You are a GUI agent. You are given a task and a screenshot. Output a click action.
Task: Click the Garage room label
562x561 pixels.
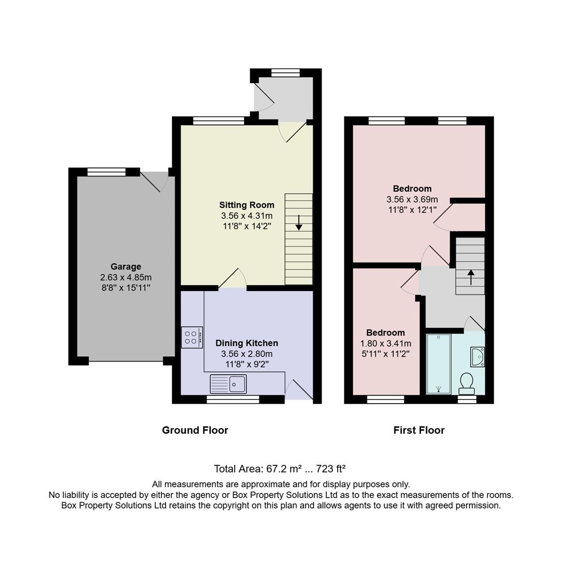126,267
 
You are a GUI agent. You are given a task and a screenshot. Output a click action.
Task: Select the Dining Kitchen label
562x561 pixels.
246,343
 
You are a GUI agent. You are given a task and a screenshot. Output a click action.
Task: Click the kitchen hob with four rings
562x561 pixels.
191,337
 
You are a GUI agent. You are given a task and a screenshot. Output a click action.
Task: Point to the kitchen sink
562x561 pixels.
228,384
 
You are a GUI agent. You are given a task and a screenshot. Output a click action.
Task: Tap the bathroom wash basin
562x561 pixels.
477,357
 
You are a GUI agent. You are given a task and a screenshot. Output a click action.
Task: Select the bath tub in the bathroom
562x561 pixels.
438,364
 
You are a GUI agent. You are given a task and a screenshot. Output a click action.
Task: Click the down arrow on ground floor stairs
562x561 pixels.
299,223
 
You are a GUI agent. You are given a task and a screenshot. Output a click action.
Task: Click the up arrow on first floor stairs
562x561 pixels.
471,277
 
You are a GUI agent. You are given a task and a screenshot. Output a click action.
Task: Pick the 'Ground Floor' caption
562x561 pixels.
195,430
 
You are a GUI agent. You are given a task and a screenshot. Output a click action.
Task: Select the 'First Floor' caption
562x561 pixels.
419,430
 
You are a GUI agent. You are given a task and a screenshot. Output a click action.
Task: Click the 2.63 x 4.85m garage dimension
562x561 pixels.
126,277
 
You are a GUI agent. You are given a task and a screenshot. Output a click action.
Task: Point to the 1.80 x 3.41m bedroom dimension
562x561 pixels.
386,343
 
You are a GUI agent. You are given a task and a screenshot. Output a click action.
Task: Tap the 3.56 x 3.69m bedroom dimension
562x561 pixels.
412,199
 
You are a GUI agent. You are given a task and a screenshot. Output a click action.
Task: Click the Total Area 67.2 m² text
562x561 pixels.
280,469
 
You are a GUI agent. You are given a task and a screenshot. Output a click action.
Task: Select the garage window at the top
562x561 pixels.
106,172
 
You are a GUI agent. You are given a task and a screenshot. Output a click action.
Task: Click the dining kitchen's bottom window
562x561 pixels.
232,399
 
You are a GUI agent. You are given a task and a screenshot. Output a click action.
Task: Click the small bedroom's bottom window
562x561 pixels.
386,399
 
